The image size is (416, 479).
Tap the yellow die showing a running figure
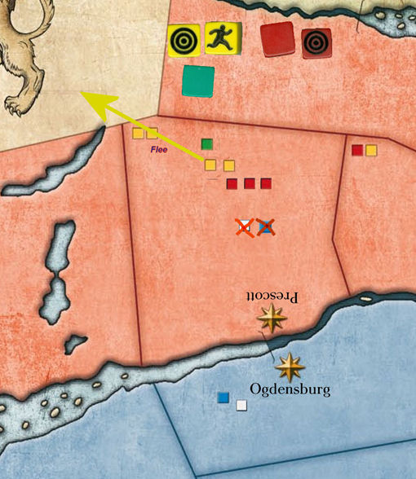click(221, 37)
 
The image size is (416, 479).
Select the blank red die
click(277, 38)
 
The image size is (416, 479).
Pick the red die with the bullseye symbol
click(315, 43)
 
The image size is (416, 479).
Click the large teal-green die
click(198, 81)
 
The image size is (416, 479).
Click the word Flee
click(158, 150)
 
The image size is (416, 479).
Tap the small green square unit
click(207, 144)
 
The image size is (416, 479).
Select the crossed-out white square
click(244, 226)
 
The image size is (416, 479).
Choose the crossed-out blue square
click(264, 226)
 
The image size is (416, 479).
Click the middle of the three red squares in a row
click(250, 183)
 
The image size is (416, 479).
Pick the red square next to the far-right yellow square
click(356, 150)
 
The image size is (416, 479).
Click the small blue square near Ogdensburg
click(223, 398)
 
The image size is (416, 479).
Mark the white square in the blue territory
click(241, 405)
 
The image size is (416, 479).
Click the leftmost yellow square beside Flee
click(138, 133)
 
